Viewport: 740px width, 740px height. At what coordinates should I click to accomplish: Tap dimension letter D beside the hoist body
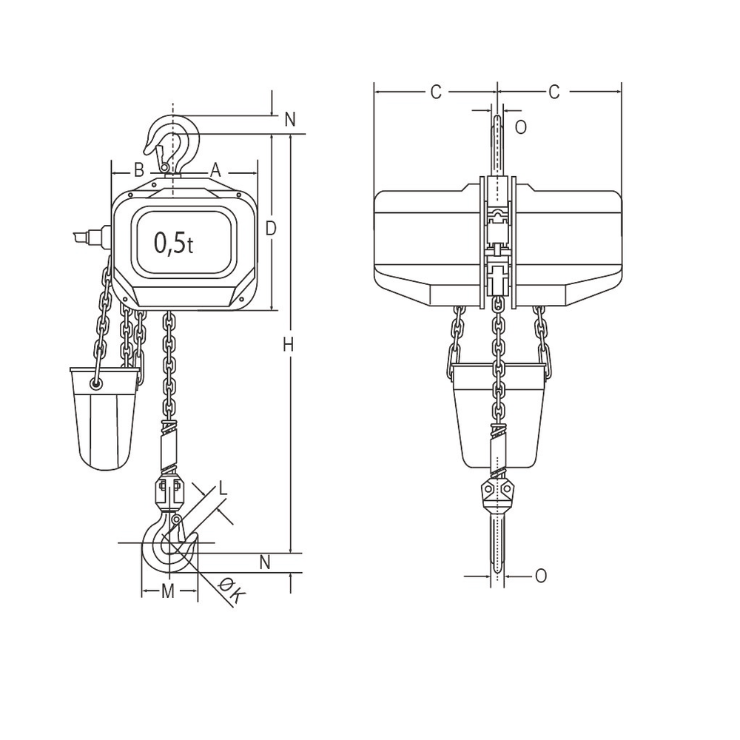(x=271, y=229)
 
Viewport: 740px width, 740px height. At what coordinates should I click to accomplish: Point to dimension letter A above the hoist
(x=215, y=170)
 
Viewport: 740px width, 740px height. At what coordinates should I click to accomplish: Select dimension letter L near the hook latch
(x=223, y=488)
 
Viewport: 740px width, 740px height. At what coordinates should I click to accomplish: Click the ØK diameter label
(x=231, y=592)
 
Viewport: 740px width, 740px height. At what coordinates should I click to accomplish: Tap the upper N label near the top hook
(x=289, y=119)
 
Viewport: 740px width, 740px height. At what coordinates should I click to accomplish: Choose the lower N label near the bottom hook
(x=266, y=562)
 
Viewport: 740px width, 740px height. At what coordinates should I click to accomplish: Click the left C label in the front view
(x=436, y=92)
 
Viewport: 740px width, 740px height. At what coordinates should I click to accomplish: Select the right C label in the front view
(x=554, y=92)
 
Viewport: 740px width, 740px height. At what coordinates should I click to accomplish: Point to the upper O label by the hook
(x=520, y=127)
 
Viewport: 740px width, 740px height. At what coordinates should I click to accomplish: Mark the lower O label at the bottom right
(x=540, y=575)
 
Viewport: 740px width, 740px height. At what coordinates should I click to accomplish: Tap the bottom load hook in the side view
(x=167, y=548)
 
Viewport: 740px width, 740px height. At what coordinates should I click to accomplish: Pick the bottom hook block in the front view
(x=498, y=497)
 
